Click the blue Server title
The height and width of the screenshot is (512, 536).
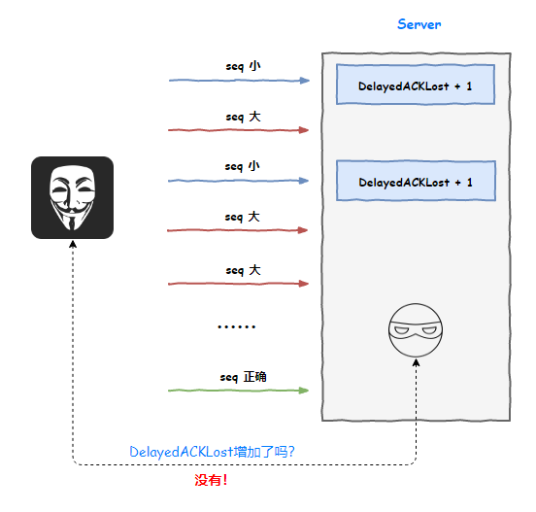419,24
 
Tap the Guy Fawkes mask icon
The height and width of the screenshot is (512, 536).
72,197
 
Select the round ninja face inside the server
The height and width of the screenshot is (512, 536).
416,330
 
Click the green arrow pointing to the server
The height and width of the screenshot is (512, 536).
238,391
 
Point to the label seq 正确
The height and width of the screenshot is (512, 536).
243,377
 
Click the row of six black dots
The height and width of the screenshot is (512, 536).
237,327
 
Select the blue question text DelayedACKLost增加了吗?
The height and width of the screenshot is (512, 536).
212,452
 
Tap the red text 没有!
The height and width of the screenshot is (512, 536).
211,480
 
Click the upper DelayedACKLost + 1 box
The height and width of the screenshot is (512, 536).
416,85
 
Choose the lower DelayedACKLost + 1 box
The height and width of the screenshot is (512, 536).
416,181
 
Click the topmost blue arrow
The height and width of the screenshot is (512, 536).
239,81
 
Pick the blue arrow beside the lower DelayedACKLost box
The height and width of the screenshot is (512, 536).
238,181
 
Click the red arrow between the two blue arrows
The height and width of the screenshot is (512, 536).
238,130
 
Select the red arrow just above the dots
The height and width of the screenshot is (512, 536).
238,284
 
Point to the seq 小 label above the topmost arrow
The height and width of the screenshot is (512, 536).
243,66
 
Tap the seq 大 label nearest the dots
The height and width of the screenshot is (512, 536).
243,270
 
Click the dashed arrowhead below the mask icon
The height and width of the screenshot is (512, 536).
73,244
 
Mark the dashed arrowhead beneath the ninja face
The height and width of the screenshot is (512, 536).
416,362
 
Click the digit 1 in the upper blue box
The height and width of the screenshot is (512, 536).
469,86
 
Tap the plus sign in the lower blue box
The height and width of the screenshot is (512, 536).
458,183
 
